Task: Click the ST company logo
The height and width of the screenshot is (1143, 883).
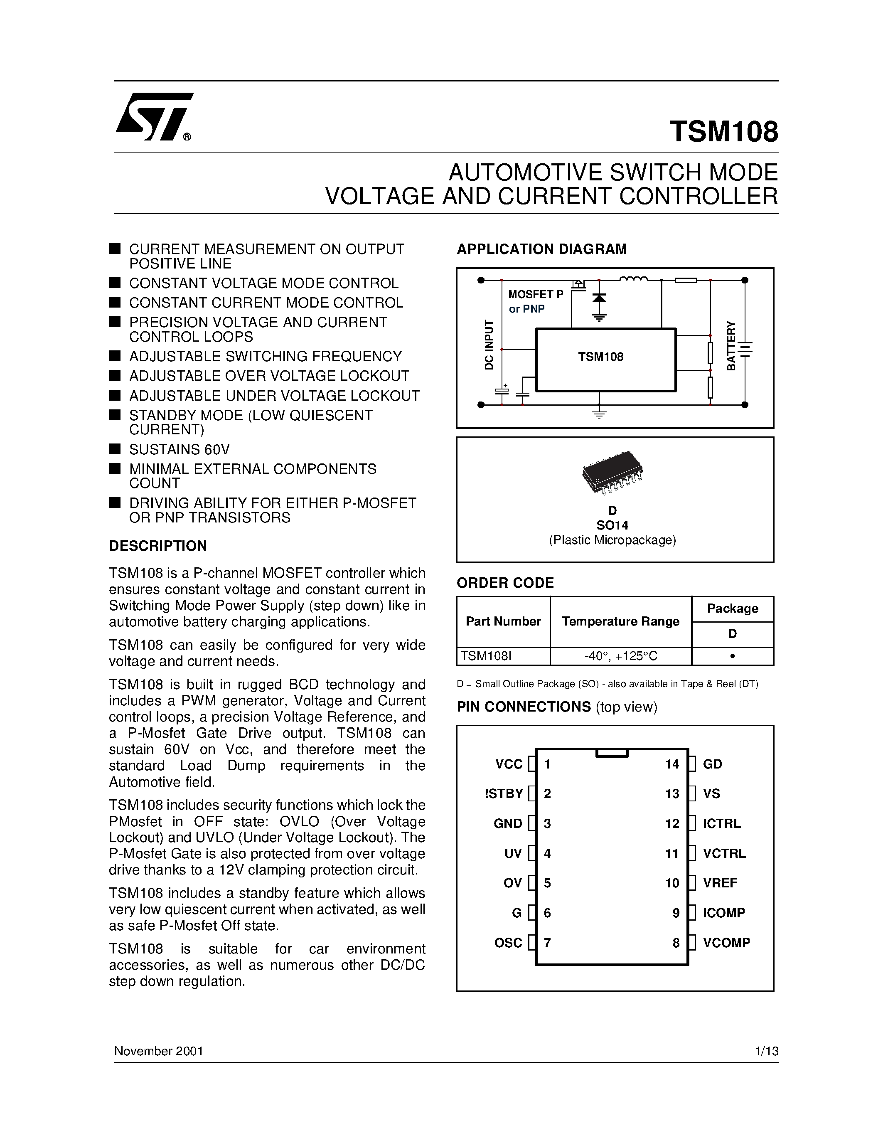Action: click(154, 117)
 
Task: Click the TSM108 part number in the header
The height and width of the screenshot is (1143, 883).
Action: click(723, 131)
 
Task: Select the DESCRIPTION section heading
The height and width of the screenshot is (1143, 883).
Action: click(157, 546)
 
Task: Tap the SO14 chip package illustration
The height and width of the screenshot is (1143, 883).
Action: click(612, 473)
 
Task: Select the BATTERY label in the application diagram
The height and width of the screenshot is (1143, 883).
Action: click(731, 346)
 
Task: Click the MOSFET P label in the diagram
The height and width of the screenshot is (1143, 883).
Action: click(535, 294)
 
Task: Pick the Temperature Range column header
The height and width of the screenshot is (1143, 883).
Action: click(620, 621)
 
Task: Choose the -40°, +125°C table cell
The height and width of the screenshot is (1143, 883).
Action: click(620, 656)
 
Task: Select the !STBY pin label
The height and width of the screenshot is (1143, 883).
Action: click(503, 794)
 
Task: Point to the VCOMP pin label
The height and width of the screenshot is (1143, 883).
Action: click(726, 943)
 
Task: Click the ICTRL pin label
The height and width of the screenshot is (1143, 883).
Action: click(721, 824)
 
